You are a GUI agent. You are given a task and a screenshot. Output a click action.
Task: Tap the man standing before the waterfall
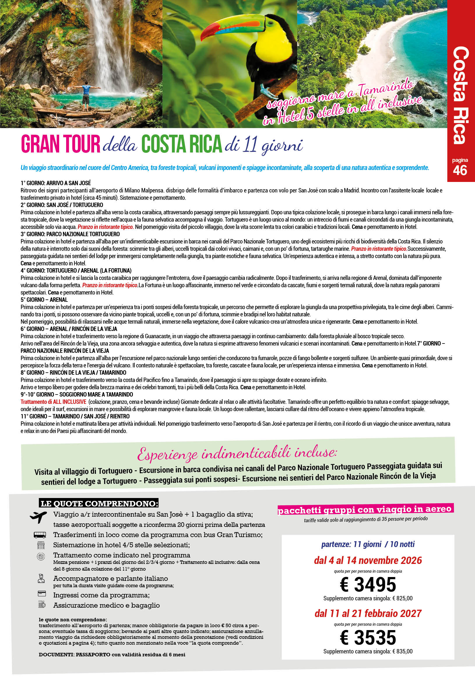click(86, 94)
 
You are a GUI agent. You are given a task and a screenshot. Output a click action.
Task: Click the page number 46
click(460, 171)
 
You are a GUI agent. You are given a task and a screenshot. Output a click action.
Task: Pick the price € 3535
click(368, 637)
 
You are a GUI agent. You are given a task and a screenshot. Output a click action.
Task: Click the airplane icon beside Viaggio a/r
click(38, 517)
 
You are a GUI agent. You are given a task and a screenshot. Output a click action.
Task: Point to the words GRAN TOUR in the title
click(61, 144)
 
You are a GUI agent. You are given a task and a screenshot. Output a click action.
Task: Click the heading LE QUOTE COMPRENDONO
click(98, 504)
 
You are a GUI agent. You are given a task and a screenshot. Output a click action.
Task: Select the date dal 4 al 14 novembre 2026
click(368, 560)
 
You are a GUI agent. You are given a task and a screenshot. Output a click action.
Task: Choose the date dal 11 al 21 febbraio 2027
click(368, 613)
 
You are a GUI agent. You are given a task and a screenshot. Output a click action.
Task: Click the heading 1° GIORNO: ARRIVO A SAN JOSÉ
click(56, 183)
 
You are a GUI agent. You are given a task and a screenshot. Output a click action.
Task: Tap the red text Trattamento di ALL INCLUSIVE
click(53, 402)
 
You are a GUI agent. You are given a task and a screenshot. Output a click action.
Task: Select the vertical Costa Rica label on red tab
click(460, 95)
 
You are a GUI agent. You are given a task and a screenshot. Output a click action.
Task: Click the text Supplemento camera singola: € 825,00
click(368, 598)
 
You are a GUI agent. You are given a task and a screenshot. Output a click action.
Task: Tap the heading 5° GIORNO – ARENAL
click(44, 300)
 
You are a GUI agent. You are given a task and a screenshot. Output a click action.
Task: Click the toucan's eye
click(271, 22)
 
